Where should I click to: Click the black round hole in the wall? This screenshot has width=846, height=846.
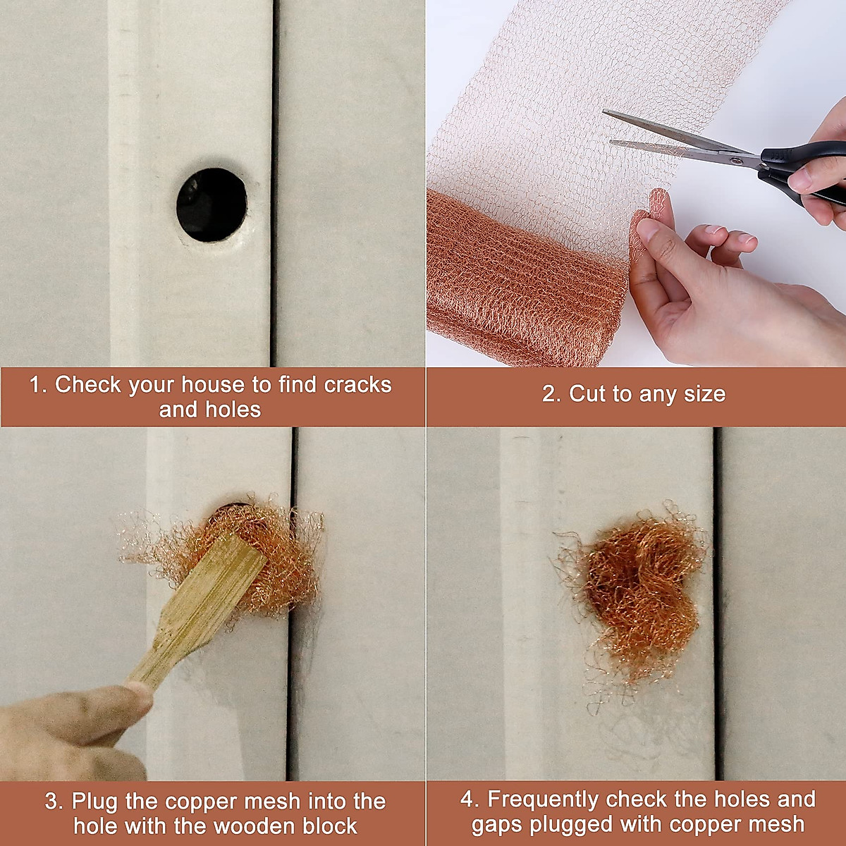(x=211, y=205)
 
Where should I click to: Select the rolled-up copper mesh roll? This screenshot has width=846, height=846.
(x=522, y=281)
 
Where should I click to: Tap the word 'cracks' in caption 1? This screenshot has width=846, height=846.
(x=357, y=385)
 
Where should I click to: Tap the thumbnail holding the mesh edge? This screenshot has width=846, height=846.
(x=648, y=228)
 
